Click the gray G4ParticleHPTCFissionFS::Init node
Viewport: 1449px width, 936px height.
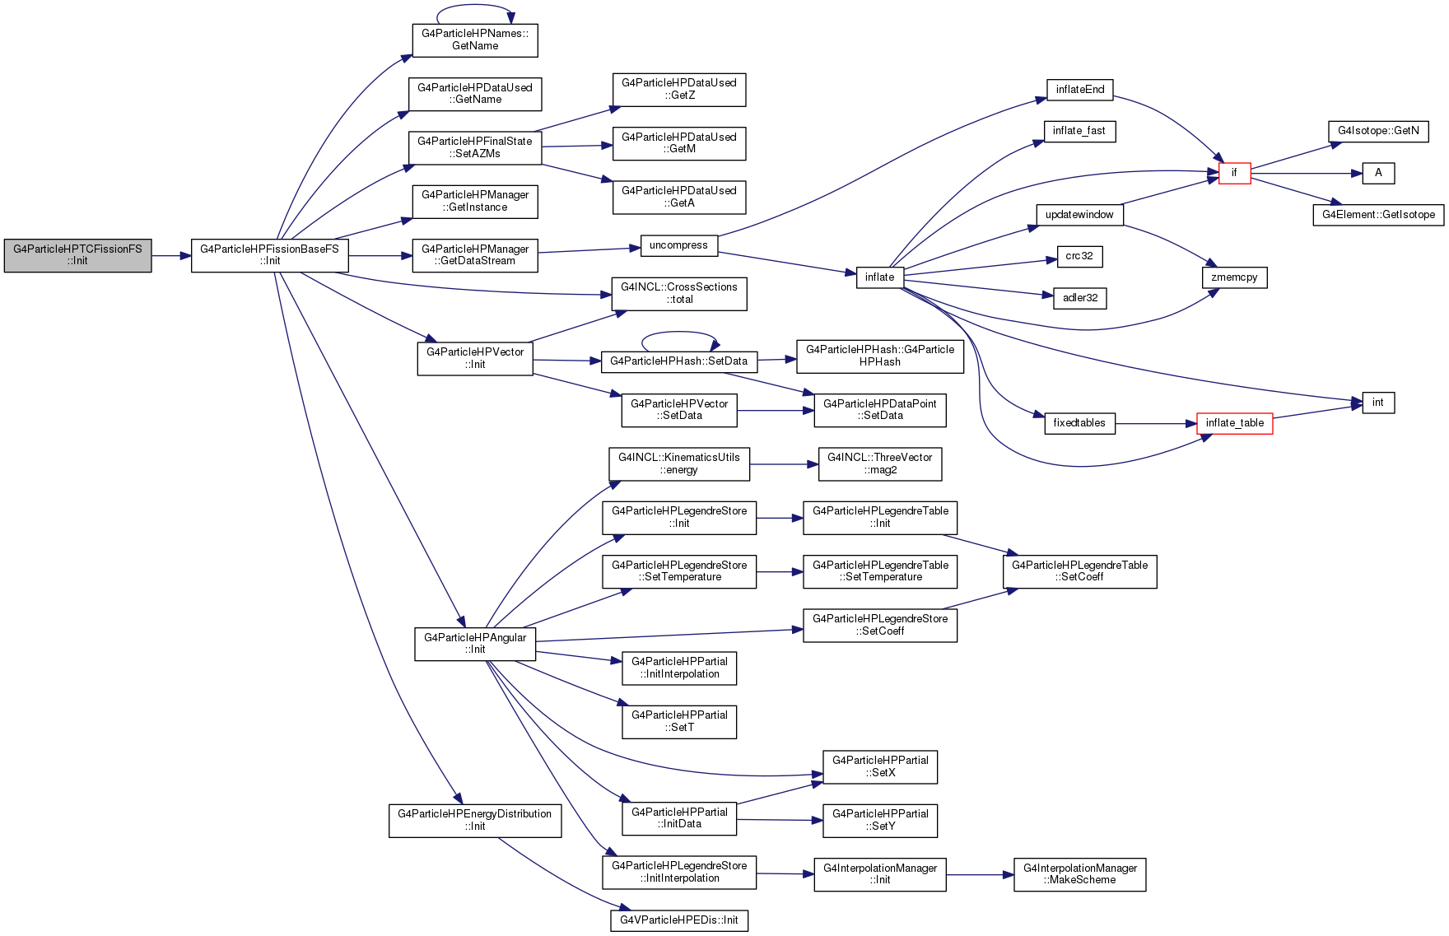coord(77,255)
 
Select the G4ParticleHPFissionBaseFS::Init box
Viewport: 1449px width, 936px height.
coord(270,255)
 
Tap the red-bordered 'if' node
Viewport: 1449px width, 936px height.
coord(1234,173)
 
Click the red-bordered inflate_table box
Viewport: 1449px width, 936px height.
coord(1235,423)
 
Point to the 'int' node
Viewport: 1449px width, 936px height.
coord(1378,403)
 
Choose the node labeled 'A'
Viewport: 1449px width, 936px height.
coord(1378,173)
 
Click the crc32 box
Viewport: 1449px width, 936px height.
coord(1079,256)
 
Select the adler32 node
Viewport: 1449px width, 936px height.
coord(1080,298)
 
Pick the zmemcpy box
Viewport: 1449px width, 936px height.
coord(1235,277)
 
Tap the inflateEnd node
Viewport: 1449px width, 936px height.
coord(1080,90)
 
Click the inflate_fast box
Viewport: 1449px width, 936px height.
coord(1079,131)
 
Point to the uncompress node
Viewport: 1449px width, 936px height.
coord(678,245)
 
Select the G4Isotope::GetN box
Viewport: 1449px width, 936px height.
coord(1378,131)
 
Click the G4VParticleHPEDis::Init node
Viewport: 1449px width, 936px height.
coord(679,920)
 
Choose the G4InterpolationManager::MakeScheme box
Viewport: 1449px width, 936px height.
coord(1080,874)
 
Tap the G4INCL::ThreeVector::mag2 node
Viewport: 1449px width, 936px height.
coord(880,464)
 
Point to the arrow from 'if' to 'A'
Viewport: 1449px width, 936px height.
coord(1307,174)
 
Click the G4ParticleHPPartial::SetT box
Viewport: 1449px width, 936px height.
coord(679,722)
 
